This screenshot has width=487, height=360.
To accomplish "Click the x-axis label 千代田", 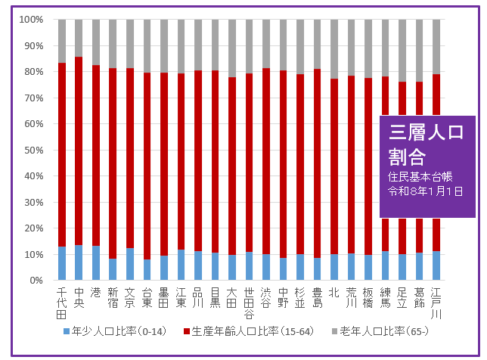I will pyautogui.click(x=62, y=303).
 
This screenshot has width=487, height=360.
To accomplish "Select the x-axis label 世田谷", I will pyautogui.click(x=249, y=303).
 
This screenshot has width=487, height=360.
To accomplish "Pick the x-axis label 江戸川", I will pyautogui.click(x=436, y=303).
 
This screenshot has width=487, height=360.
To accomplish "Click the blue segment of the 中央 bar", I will pyautogui.click(x=79, y=262).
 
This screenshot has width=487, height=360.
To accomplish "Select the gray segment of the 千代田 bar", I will pyautogui.click(x=62, y=41).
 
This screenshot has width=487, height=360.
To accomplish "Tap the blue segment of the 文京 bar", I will pyautogui.click(x=130, y=264).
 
